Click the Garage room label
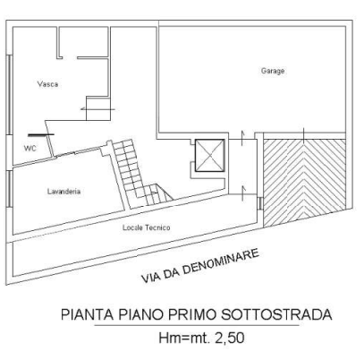point(273,72)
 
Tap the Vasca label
point(47,84)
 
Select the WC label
point(30,148)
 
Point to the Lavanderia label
point(63,191)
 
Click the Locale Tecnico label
point(147,227)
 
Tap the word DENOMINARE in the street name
point(221,262)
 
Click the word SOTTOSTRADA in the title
point(277,315)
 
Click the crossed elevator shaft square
point(210,156)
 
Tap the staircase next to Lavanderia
point(138,174)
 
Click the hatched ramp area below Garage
point(304,182)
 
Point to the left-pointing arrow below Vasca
point(97,109)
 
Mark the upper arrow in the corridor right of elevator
point(243,138)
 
